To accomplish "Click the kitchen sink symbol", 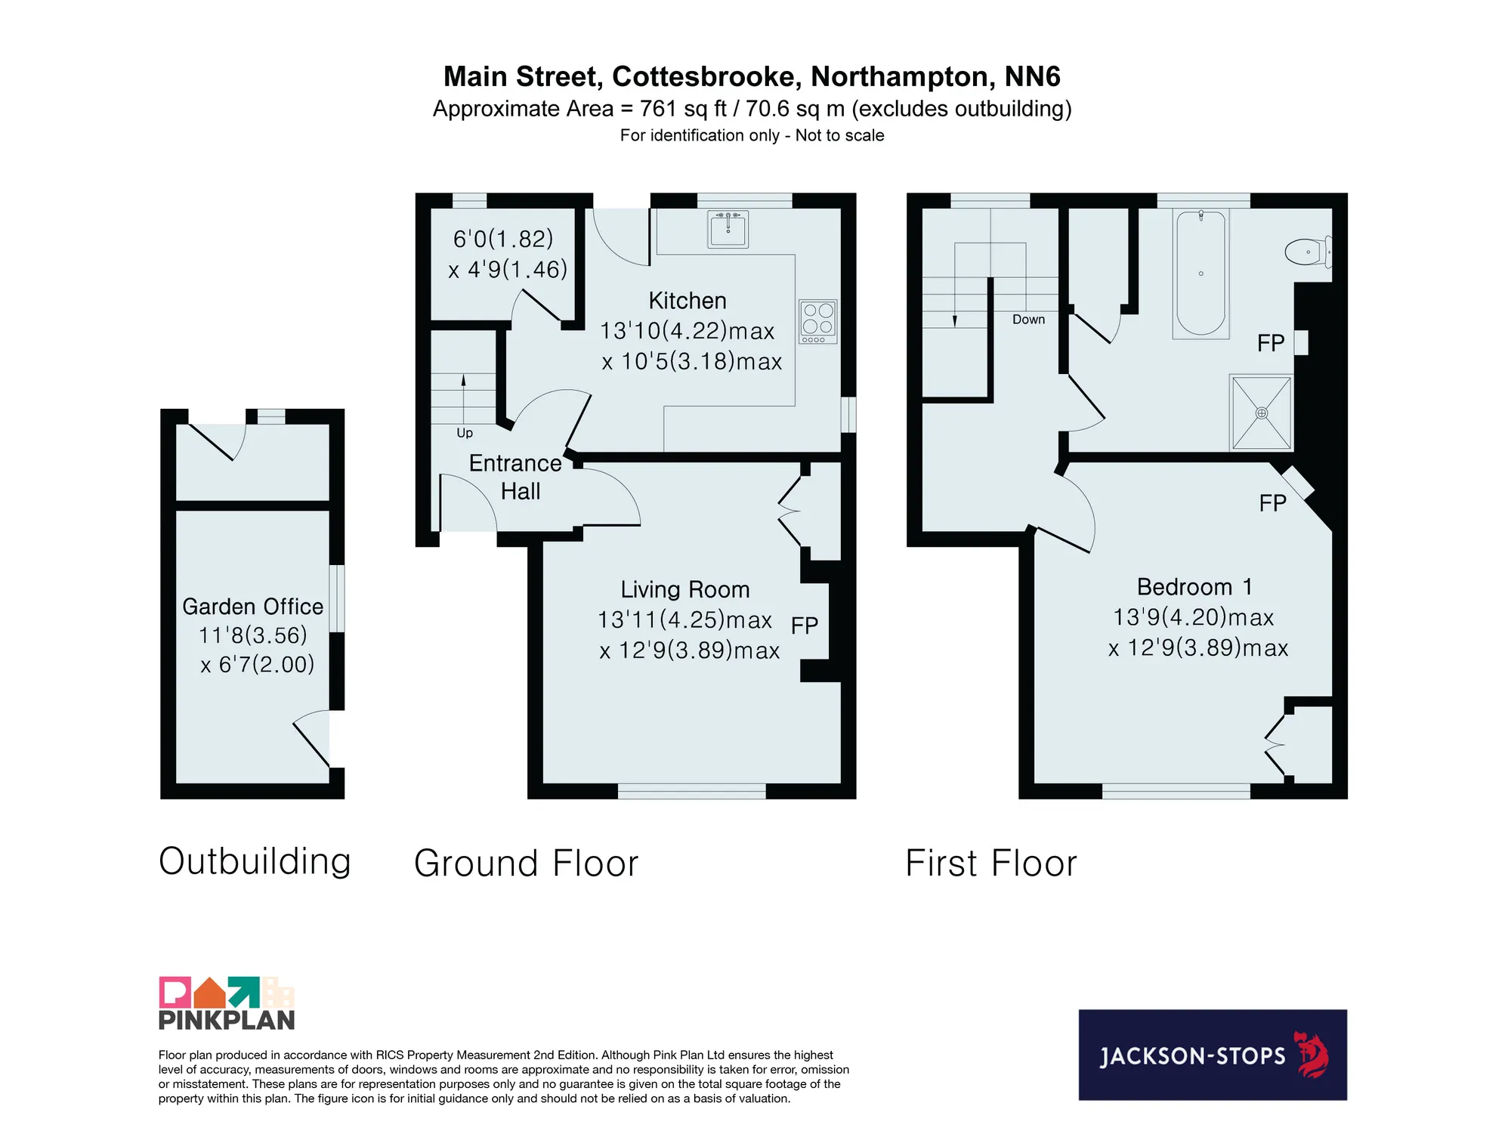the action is [x=728, y=229].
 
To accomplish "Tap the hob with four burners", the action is [x=818, y=322].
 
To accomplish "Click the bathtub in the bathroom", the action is [x=1200, y=273].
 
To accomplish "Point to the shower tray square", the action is [x=1261, y=413].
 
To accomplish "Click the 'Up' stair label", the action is [x=465, y=433].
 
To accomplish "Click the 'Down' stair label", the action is [x=1028, y=320].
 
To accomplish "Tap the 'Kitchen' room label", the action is [x=688, y=301].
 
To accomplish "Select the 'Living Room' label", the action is [x=685, y=589].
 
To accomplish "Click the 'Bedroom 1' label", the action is [x=1194, y=587].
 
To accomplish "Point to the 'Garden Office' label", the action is [x=253, y=607].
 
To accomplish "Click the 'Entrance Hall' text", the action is [x=515, y=477].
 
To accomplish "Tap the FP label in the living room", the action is [x=805, y=626].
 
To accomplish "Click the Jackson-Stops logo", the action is [x=1213, y=1055].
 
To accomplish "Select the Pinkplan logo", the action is [x=227, y=1003].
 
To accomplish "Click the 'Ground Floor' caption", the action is [x=527, y=864].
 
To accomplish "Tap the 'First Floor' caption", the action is [x=991, y=864].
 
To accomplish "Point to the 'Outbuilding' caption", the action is [x=255, y=861].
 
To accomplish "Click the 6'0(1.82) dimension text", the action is [x=503, y=239].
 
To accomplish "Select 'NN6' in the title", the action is [x=1033, y=76].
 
